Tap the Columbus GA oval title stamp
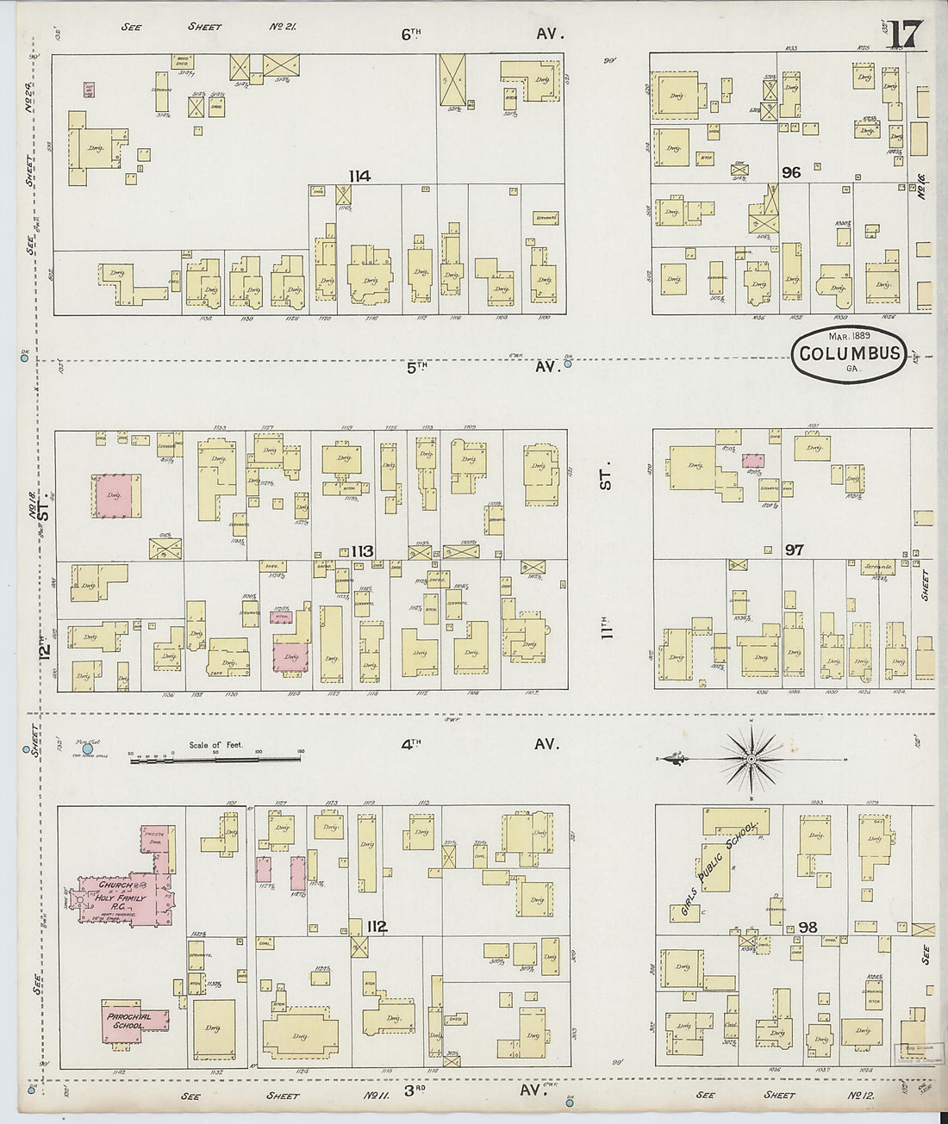click(850, 353)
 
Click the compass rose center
click(751, 759)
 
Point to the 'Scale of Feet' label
click(216, 745)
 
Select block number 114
click(359, 177)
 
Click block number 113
click(362, 552)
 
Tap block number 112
click(376, 928)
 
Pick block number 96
click(790, 173)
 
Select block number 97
click(794, 550)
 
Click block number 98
click(808, 927)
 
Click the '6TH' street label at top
click(412, 34)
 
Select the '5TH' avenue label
click(417, 367)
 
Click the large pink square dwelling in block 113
click(117, 496)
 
